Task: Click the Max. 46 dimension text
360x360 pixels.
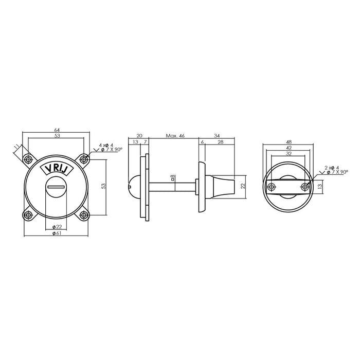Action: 175,136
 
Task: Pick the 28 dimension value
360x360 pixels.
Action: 220,142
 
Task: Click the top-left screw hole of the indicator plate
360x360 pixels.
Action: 29,160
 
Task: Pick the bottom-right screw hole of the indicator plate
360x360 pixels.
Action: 84,214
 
